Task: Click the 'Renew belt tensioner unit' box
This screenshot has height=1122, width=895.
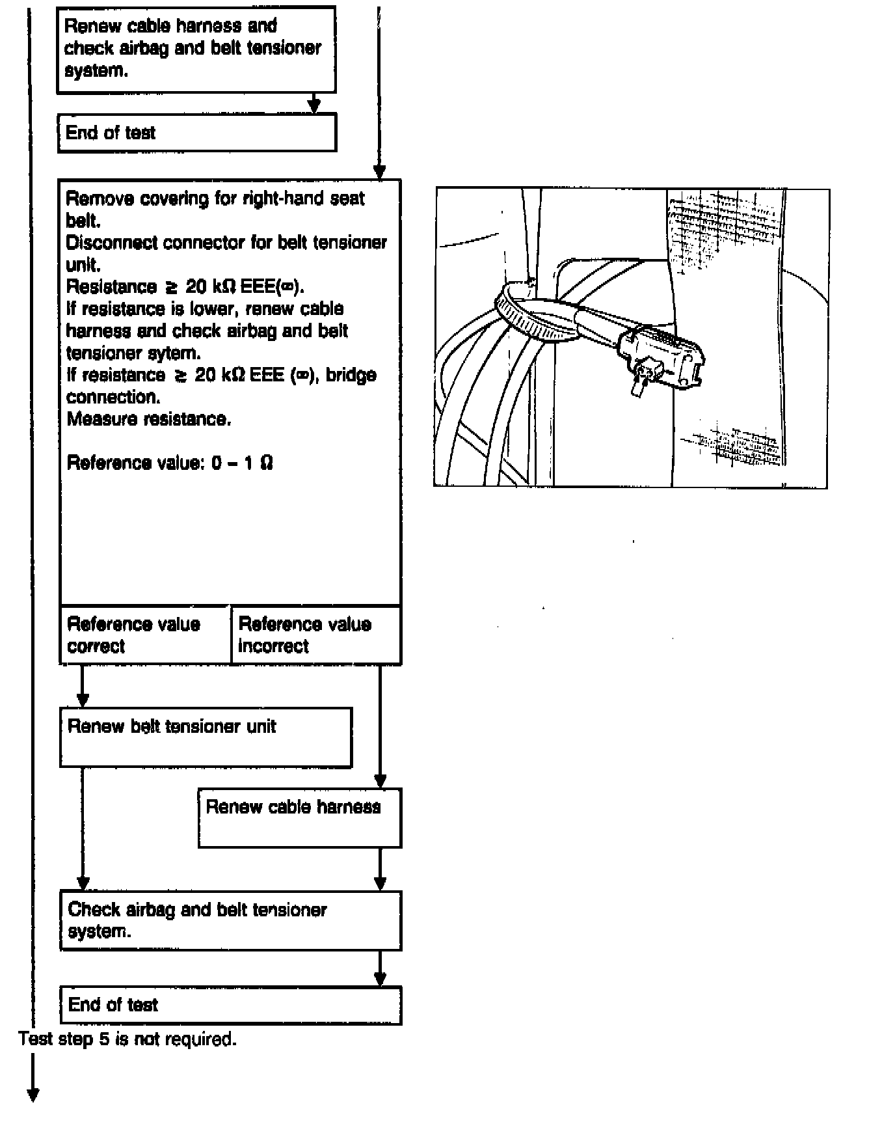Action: [x=206, y=737]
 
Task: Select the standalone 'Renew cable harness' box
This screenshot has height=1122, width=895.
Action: [x=299, y=817]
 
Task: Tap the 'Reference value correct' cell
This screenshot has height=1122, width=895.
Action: [x=145, y=635]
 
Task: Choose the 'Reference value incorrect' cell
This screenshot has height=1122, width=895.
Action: [x=315, y=635]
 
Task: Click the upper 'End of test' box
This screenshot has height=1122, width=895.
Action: [x=196, y=133]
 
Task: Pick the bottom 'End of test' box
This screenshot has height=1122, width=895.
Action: [x=230, y=1005]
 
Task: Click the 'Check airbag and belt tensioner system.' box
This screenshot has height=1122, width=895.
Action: [x=230, y=920]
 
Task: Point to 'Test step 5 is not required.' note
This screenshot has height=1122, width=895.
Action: [x=127, y=1039]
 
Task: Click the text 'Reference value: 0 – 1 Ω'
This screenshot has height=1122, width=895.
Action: [x=170, y=463]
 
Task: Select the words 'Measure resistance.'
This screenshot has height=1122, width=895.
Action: [x=149, y=419]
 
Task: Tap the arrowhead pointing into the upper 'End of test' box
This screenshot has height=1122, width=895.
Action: [x=314, y=105]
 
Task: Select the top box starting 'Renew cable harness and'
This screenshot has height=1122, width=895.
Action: [x=196, y=49]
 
